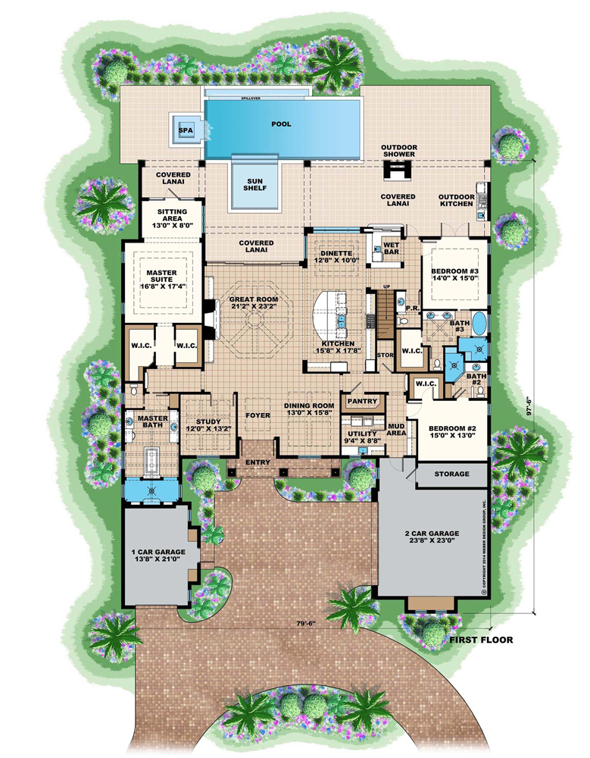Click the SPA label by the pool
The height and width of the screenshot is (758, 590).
tap(184, 130)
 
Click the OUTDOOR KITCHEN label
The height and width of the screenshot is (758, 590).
tap(457, 200)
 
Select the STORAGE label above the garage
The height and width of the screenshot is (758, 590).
tap(451, 475)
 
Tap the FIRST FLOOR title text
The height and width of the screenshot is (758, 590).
tap(481, 640)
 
